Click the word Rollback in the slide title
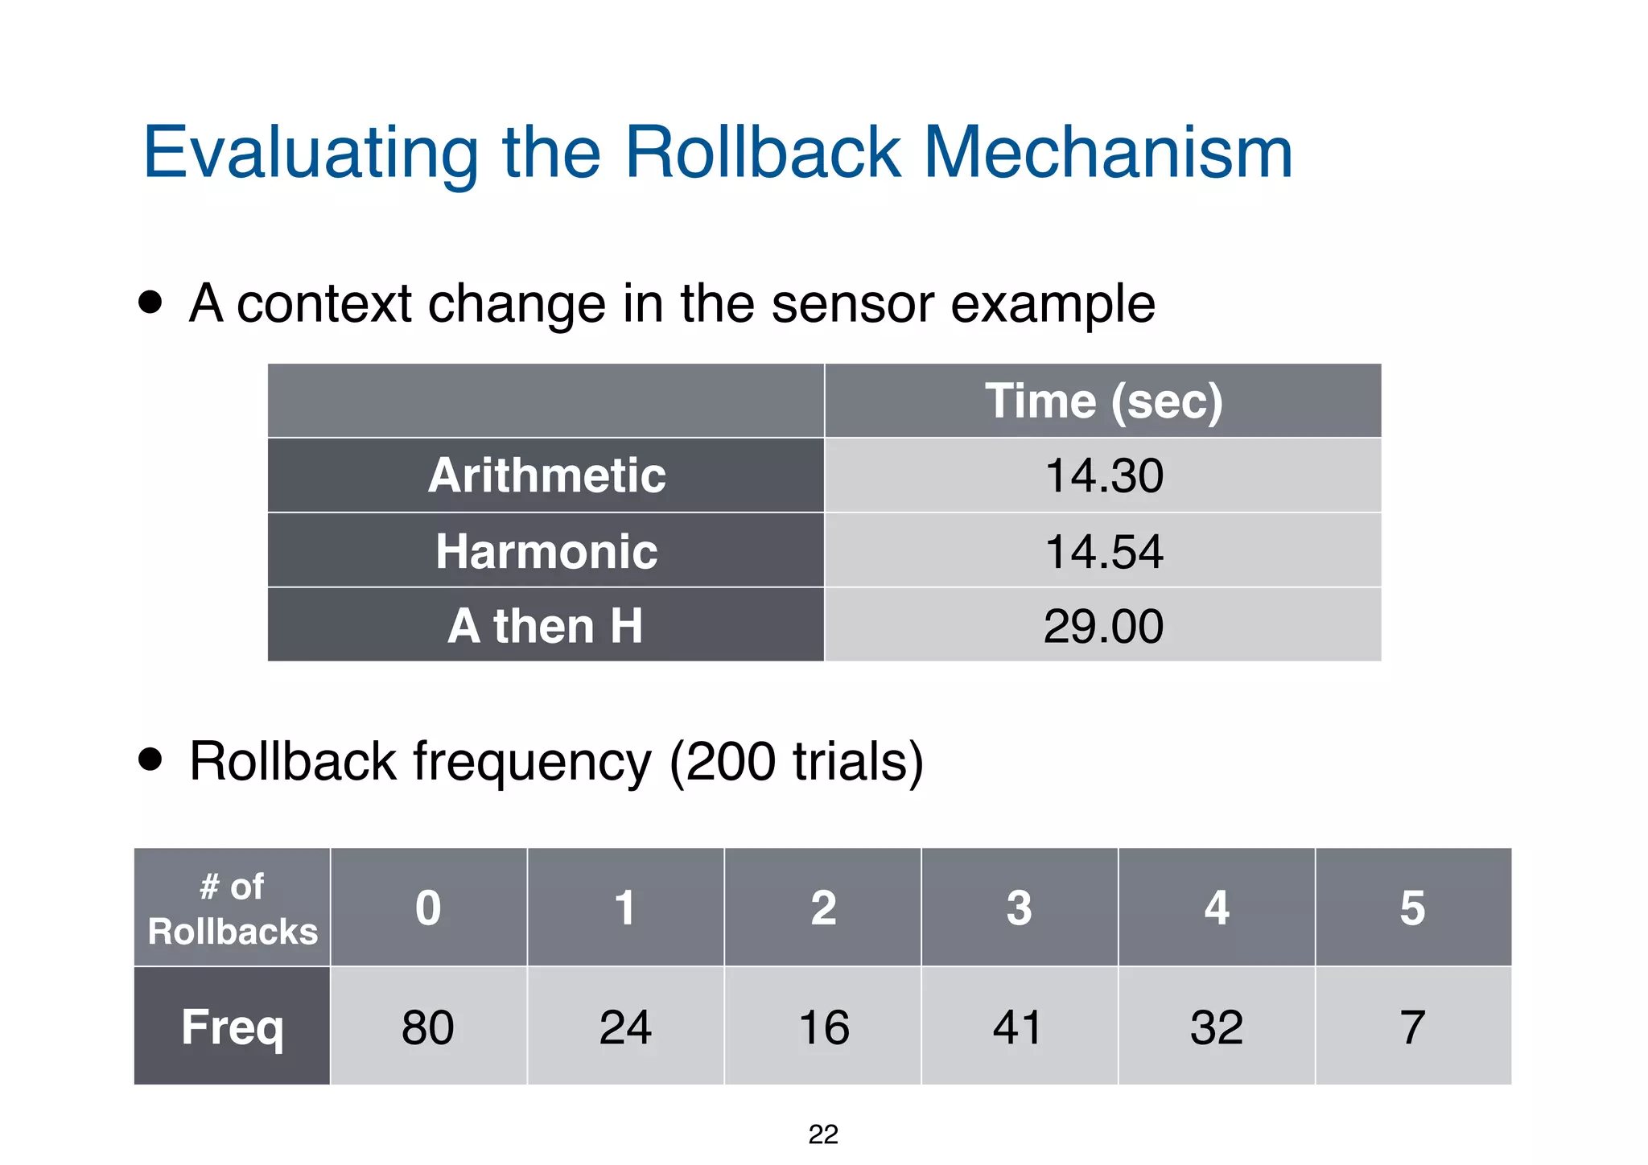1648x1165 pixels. point(762,153)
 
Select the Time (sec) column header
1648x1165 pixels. point(1103,401)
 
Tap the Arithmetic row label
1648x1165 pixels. point(546,475)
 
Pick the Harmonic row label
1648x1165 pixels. point(546,551)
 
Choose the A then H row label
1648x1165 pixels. point(546,626)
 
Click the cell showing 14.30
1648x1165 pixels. point(1103,475)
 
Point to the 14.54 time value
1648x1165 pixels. point(1103,551)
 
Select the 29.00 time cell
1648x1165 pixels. point(1103,626)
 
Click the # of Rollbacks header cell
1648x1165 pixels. point(233,908)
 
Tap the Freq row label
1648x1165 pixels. point(233,1027)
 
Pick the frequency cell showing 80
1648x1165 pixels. point(428,1027)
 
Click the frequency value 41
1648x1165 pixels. point(1019,1027)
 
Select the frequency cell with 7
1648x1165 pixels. point(1413,1027)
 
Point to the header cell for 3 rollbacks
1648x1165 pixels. point(1019,908)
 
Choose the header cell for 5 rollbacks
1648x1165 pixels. point(1413,908)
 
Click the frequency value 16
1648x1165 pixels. point(823,1027)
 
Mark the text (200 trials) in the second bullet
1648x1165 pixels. point(796,761)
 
